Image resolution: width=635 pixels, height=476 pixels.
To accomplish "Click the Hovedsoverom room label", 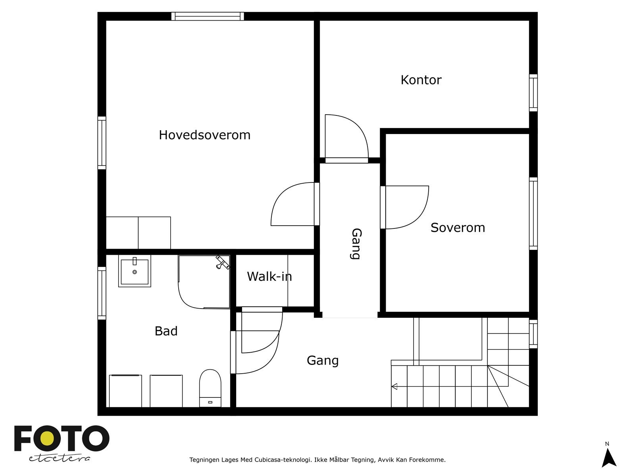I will (x=204, y=135).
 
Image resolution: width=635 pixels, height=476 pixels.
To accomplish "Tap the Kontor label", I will (x=421, y=80).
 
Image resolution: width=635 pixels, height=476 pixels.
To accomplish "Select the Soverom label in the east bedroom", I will (x=458, y=228).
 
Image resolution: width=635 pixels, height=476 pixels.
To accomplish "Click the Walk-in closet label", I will (x=269, y=276).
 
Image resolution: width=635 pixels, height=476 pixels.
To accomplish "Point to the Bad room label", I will (x=166, y=331).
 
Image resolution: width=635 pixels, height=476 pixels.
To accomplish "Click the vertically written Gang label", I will (x=356, y=244).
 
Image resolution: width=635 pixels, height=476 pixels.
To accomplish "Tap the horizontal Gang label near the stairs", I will (x=323, y=361).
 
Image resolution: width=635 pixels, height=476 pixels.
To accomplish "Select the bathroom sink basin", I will (x=135, y=272).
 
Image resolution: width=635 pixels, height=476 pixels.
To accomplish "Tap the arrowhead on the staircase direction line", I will (x=394, y=386).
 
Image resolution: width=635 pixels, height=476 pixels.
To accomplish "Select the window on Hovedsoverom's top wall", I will (x=208, y=16).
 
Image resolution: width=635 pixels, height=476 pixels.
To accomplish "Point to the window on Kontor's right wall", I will (x=533, y=93).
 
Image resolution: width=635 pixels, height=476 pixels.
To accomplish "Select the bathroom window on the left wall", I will (x=102, y=293).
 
